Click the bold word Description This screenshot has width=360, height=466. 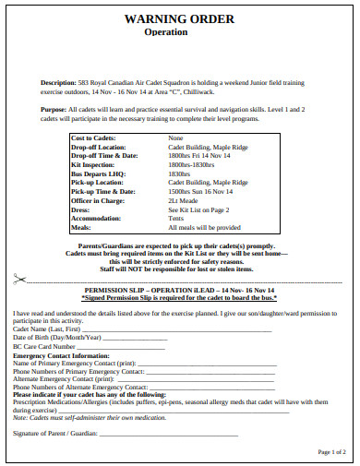[x=58, y=81]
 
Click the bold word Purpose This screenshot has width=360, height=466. [x=54, y=108]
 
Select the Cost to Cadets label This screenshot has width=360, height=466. [x=97, y=138]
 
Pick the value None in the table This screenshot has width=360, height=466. [x=175, y=138]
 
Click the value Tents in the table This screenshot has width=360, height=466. [x=177, y=217]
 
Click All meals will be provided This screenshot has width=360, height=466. [x=204, y=226]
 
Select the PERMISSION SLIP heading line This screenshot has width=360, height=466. [x=179, y=291]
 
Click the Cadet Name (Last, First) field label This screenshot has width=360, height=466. [x=46, y=329]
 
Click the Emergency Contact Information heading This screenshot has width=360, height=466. [x=60, y=355]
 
